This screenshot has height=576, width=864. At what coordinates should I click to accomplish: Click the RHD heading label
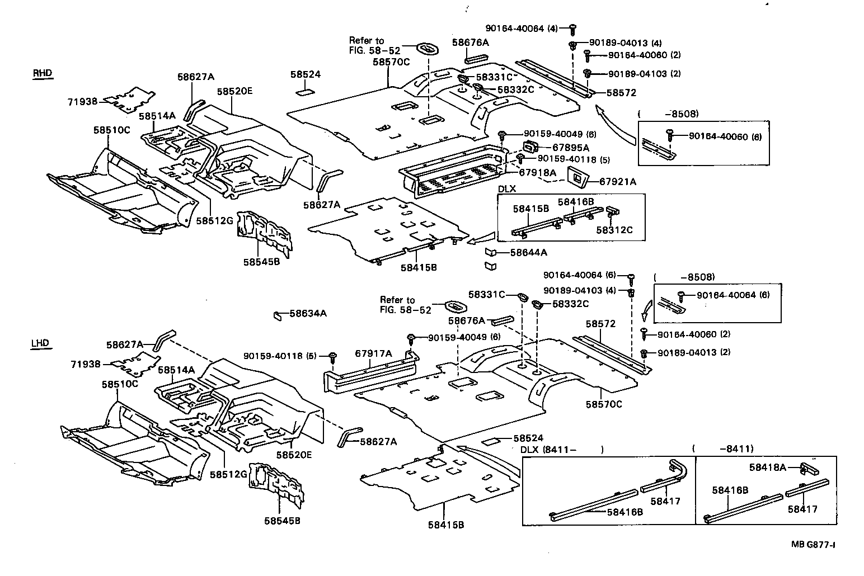(41, 73)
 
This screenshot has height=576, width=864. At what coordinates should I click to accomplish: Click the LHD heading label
(40, 343)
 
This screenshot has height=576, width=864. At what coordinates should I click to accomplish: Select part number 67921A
(618, 181)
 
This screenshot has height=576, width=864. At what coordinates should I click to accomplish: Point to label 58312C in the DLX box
(614, 229)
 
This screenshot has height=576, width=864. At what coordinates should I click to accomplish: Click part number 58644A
(528, 252)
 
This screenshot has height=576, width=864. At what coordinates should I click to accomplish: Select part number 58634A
(308, 314)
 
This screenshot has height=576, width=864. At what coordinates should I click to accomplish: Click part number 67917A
(373, 353)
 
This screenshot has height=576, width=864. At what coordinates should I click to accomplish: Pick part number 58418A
(768, 467)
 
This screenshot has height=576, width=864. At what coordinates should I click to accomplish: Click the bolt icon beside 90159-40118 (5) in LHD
(333, 356)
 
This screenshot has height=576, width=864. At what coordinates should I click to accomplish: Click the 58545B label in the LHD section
(283, 521)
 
